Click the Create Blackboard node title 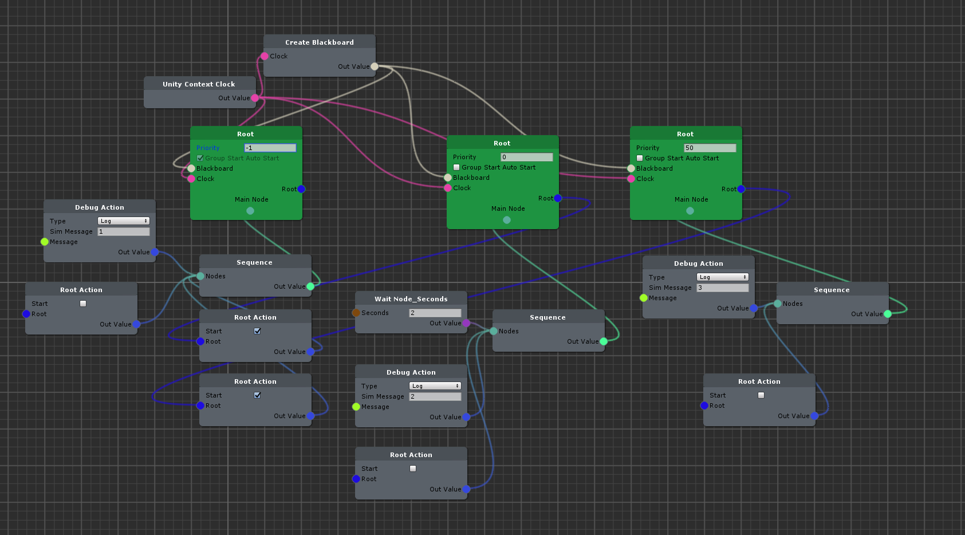pos(319,42)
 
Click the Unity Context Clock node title pos(199,84)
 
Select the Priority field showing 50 pos(710,148)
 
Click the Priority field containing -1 pos(270,148)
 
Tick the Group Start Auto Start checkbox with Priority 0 pos(456,167)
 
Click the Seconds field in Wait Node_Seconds pos(435,313)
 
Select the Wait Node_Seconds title pos(411,299)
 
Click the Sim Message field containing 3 pos(722,288)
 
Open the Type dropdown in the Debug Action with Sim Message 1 pos(123,221)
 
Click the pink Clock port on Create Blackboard pos(265,56)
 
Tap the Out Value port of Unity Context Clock pos(255,98)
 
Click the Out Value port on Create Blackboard pos(375,66)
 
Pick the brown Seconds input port pos(356,313)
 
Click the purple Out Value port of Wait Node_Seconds pos(466,323)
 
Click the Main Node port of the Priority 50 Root pos(690,211)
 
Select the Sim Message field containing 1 pos(123,231)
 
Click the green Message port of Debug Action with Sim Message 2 pos(356,407)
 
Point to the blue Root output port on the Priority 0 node pos(558,198)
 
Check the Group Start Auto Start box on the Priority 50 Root pos(640,158)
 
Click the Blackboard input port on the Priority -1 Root pos(191,168)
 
